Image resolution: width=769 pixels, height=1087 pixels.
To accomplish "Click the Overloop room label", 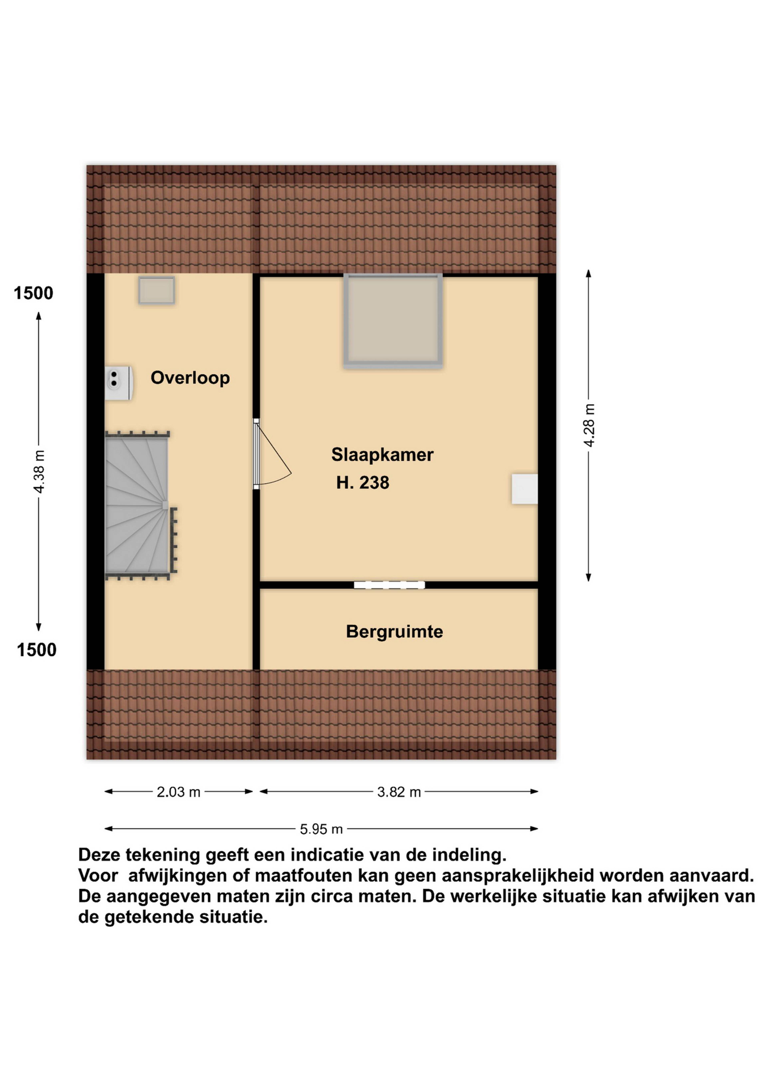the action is point(190,378).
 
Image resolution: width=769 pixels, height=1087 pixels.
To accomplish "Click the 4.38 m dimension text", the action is point(39,472).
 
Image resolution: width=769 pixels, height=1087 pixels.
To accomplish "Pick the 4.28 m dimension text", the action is point(589,425).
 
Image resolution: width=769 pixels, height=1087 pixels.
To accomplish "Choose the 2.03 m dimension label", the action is point(178,792).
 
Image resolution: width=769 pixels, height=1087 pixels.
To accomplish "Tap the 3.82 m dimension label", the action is point(399,792).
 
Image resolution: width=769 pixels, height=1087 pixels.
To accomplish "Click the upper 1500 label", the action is point(33,294).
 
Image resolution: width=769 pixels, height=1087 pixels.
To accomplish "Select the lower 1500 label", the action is point(36,650).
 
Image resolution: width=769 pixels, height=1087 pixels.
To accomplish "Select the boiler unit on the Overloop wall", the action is point(118,383).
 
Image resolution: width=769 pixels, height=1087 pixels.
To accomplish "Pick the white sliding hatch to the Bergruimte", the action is point(389,585).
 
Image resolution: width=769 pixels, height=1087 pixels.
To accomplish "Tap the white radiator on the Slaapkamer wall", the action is point(525,489).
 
